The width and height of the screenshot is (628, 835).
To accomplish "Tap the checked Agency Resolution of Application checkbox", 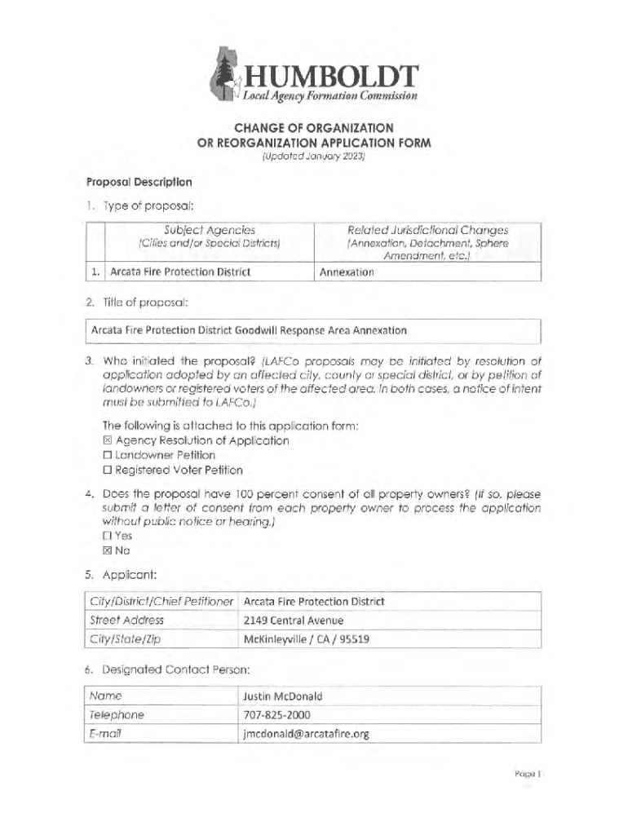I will coord(107,440).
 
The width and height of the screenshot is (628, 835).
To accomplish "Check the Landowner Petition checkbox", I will coord(107,455).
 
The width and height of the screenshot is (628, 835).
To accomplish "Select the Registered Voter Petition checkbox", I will coord(107,470).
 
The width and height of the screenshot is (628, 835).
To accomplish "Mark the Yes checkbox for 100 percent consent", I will coord(107,536).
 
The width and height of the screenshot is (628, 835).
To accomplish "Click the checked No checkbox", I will coord(107,550).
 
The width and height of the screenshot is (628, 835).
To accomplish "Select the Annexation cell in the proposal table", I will coord(347,272).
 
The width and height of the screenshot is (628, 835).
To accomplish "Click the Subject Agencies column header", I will coord(210,230).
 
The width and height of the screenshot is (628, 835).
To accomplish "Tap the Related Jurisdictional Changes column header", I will coord(427,230).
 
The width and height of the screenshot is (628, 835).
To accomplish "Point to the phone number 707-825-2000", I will coord(276,715).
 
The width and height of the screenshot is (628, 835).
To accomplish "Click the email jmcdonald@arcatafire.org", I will coord(306,734).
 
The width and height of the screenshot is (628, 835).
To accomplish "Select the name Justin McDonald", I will coord(283,696).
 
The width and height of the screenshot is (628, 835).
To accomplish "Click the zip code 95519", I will coord(355,639).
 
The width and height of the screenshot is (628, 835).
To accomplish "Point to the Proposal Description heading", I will coord(139,182).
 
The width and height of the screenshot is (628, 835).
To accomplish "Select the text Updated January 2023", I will coord(314,156).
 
